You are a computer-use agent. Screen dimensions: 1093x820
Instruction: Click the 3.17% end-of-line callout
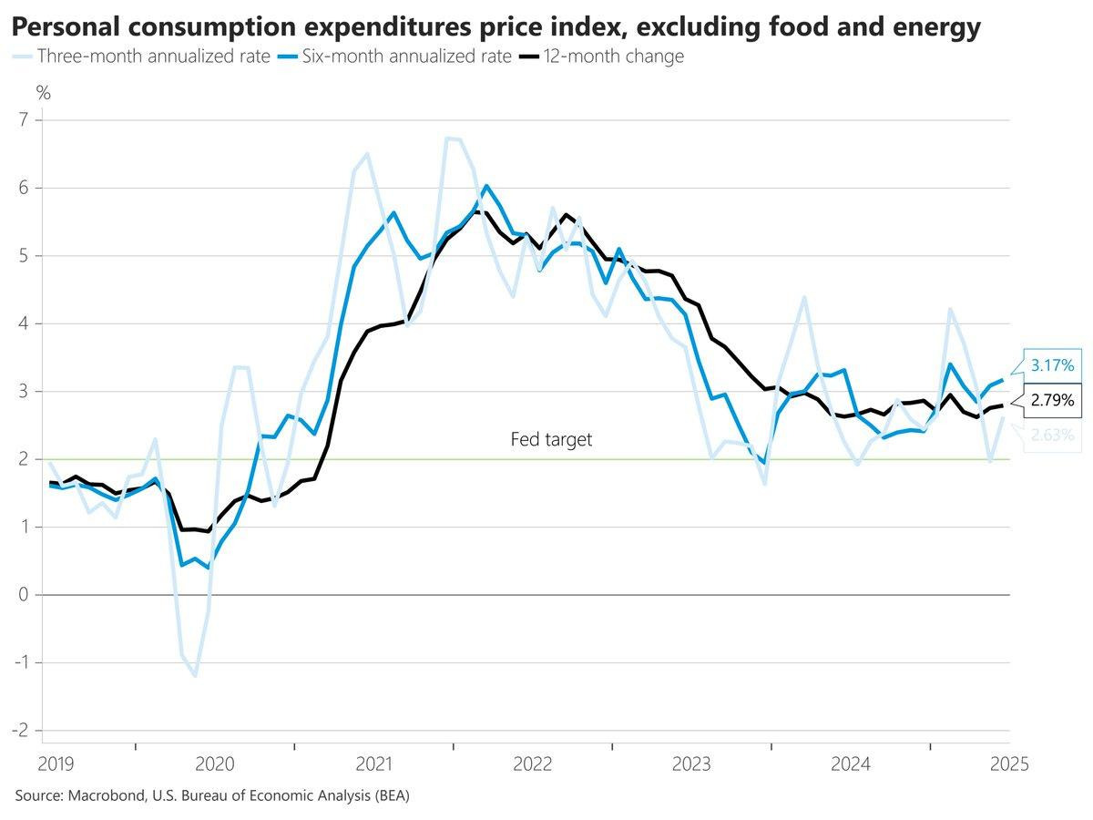point(1052,365)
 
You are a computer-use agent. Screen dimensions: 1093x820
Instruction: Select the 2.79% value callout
point(1052,400)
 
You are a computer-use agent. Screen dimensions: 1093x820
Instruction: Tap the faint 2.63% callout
point(1052,436)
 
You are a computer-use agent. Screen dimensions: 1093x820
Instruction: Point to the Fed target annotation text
point(551,440)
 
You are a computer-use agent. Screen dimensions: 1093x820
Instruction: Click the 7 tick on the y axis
point(24,120)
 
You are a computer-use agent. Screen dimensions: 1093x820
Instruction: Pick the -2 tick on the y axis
point(20,731)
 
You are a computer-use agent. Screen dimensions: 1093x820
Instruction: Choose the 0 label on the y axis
point(24,594)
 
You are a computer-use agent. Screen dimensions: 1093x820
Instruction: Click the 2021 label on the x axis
point(373,764)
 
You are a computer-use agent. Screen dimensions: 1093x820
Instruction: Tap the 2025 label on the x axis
point(1009,764)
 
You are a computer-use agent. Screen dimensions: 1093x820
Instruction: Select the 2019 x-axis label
point(56,764)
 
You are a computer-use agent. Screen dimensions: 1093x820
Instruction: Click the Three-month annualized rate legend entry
point(141,56)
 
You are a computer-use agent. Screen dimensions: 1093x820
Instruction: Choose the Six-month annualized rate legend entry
point(394,56)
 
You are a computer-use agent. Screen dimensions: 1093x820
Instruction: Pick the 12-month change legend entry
point(601,56)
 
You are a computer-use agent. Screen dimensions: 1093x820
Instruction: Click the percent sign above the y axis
point(44,93)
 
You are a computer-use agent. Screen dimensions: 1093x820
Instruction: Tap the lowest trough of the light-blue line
point(195,676)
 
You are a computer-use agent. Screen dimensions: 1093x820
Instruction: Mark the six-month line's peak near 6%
point(486,186)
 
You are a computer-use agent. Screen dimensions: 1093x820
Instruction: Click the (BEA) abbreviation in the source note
point(392,795)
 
